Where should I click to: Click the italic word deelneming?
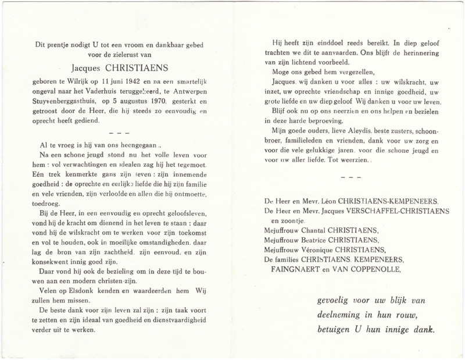pyautogui.click(x=344, y=316)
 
